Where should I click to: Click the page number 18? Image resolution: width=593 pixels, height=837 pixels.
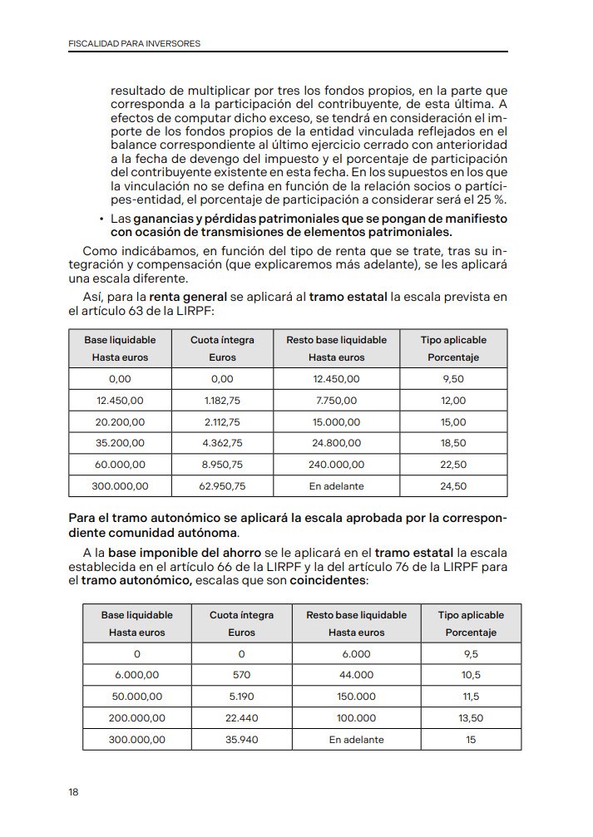(73, 793)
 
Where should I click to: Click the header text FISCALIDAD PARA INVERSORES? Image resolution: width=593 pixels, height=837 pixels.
(134, 42)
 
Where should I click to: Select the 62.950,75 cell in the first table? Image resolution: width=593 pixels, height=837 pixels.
(222, 486)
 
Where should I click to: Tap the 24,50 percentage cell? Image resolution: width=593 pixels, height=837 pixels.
(452, 486)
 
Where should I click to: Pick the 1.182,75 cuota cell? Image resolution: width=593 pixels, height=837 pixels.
(222, 400)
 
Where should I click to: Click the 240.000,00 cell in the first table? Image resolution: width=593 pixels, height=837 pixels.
(336, 465)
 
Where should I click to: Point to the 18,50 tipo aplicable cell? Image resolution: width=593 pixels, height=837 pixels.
(452, 443)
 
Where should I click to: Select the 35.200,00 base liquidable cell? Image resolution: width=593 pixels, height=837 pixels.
(121, 443)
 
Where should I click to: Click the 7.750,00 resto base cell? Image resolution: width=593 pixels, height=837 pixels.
(336, 400)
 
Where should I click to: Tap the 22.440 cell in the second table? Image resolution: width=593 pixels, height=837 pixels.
(241, 717)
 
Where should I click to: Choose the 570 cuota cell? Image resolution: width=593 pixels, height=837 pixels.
(241, 674)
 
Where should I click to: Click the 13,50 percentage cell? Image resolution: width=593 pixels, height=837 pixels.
(471, 717)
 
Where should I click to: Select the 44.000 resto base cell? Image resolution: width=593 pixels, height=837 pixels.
(356, 674)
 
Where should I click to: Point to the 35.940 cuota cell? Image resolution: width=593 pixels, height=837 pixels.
(241, 739)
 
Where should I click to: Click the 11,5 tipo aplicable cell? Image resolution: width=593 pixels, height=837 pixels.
(471, 696)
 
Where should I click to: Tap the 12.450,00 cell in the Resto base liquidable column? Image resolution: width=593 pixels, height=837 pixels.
(336, 378)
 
